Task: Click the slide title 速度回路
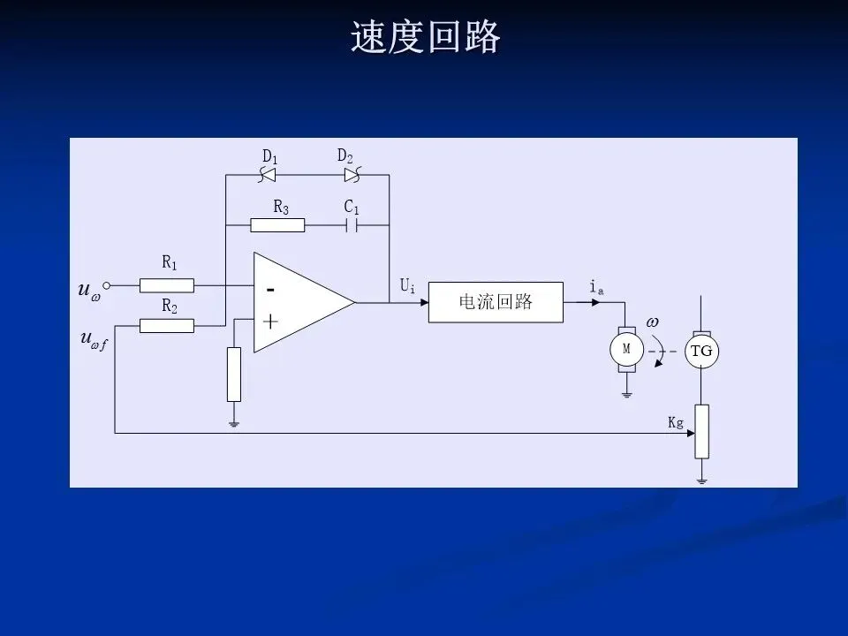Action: point(425,37)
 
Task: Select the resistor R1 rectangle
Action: point(167,285)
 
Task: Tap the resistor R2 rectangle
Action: point(167,326)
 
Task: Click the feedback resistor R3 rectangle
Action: point(277,225)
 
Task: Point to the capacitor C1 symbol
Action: point(352,225)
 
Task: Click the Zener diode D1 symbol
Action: point(267,175)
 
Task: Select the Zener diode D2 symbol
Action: point(352,175)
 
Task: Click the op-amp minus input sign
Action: point(270,291)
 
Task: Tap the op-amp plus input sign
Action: point(270,322)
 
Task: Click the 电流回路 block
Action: point(496,302)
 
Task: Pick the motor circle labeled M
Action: point(627,350)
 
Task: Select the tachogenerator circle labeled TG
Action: point(701,351)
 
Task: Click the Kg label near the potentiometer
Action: point(676,422)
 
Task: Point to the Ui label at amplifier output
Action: point(407,285)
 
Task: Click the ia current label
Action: point(596,286)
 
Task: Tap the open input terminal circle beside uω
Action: point(107,285)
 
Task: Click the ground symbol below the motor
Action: point(627,395)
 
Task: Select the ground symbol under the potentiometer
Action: point(701,481)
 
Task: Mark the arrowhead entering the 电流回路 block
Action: point(425,302)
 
